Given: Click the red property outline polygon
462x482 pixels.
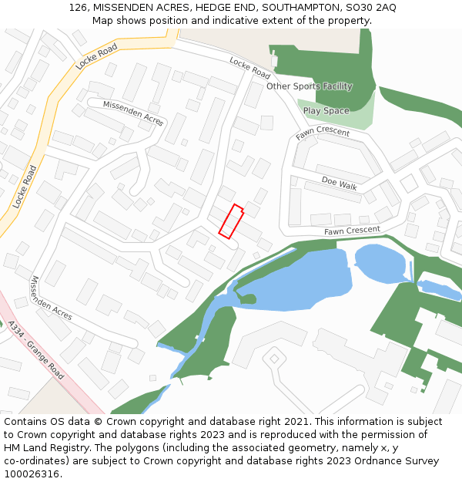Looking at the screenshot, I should pos(231,221).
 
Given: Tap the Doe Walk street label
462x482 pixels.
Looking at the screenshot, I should pos(340,185).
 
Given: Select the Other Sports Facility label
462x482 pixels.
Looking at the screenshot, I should pos(309,86).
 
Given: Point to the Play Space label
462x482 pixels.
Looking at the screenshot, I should pos(326,111).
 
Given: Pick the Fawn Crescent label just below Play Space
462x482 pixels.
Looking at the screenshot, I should pos(323,133).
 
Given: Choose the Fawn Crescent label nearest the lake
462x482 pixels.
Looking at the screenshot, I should pos(352,231).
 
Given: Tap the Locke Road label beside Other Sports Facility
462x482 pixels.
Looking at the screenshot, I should pos(250,68).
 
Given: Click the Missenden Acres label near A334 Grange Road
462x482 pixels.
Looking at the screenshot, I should pos(51,298).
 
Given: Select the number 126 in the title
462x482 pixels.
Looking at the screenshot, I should pos(78,7).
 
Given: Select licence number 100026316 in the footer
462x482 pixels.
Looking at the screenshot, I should pos(32,474).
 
